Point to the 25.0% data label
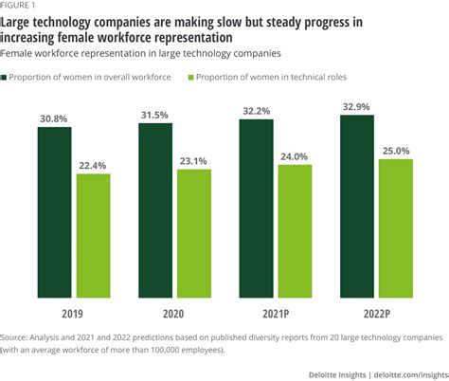(x=396, y=150)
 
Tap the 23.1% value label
(x=194, y=160)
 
